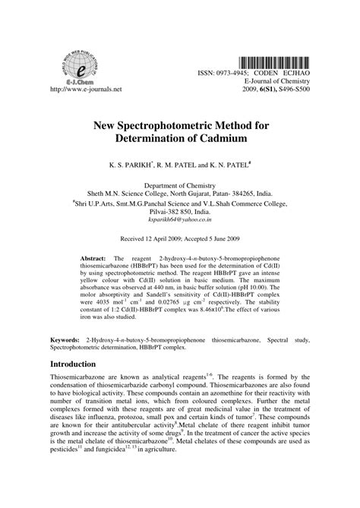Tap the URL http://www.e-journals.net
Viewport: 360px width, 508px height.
click(84, 88)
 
